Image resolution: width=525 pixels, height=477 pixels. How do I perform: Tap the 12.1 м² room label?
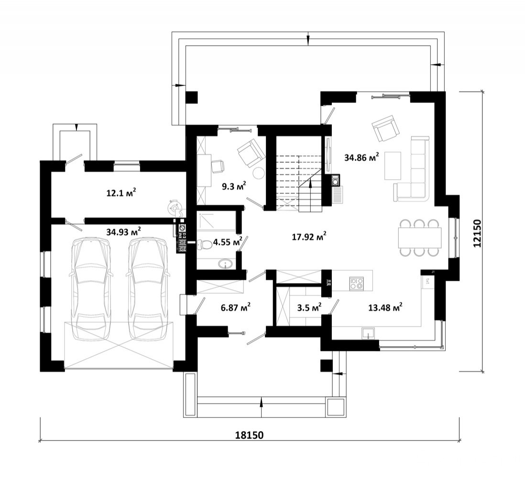click(x=121, y=193)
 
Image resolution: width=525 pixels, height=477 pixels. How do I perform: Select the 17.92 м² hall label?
click(x=309, y=237)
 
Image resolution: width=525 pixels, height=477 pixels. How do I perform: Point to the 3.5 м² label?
click(x=309, y=307)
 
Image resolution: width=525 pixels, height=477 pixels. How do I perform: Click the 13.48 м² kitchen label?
click(x=385, y=307)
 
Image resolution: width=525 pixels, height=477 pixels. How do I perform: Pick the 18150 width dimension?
click(x=250, y=435)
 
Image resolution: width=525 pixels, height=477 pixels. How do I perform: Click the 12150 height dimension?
click(x=478, y=233)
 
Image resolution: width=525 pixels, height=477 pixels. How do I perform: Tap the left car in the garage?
click(x=90, y=289)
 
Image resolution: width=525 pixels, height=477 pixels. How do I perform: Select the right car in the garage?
click(x=147, y=289)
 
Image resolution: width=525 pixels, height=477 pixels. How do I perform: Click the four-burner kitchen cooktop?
click(x=356, y=284)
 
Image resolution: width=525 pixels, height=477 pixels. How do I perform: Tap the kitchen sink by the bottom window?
click(x=368, y=333)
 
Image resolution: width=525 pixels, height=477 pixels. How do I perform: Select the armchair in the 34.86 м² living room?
click(x=385, y=128)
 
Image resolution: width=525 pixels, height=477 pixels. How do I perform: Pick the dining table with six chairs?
click(x=419, y=238)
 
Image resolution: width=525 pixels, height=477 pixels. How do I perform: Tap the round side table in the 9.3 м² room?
click(x=259, y=173)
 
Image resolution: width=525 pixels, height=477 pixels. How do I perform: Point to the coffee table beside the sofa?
click(x=393, y=166)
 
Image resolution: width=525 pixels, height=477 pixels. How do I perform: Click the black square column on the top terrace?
click(x=192, y=97)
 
